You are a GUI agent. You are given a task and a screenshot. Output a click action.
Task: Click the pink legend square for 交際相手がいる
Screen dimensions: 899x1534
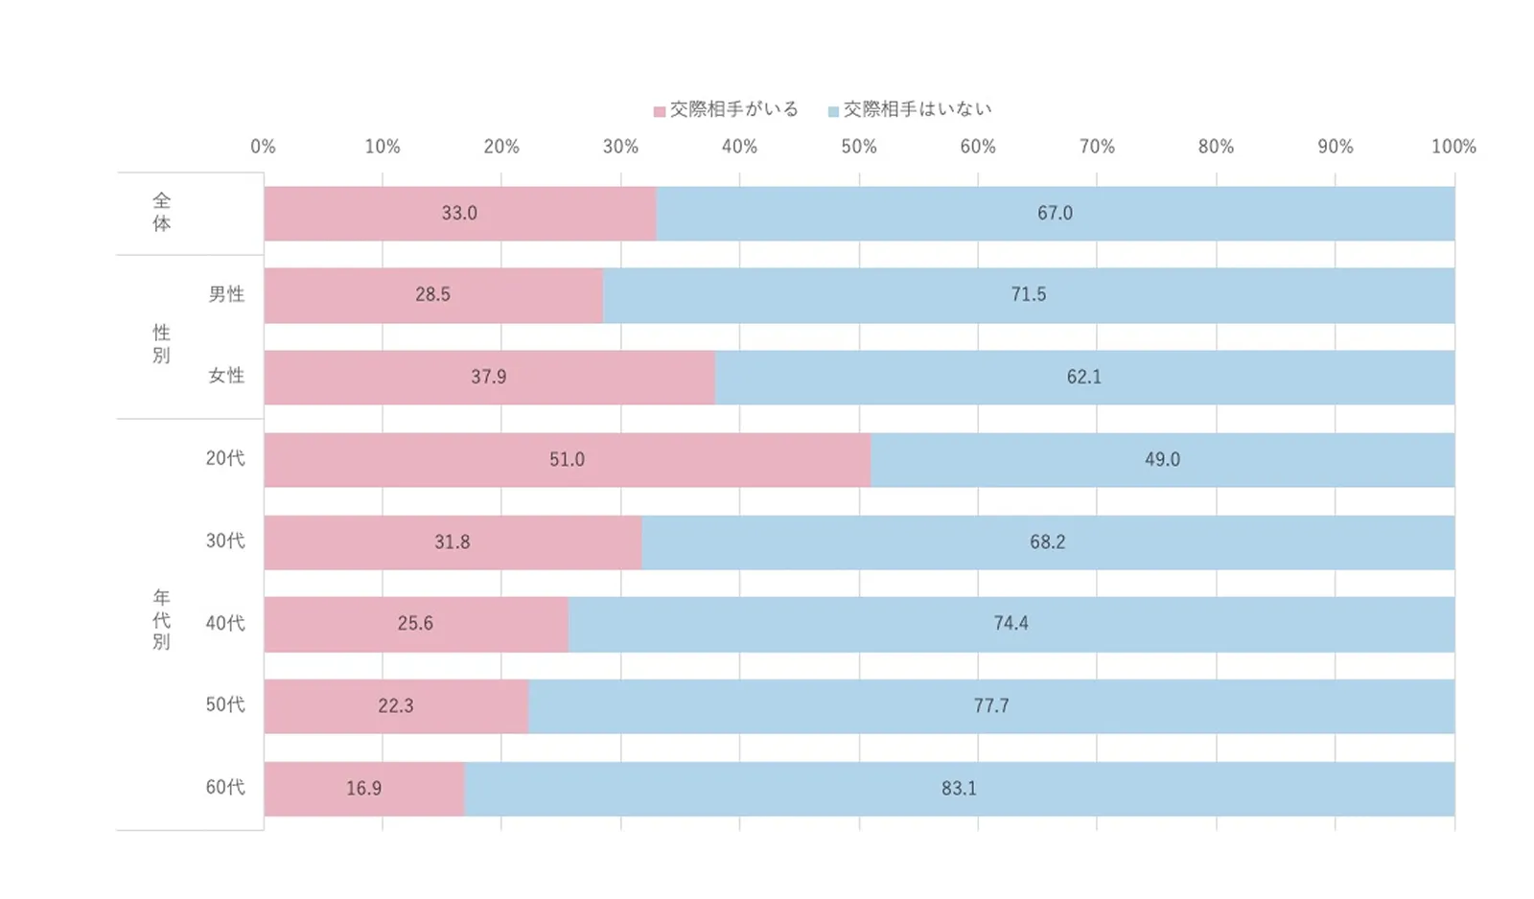click(x=660, y=112)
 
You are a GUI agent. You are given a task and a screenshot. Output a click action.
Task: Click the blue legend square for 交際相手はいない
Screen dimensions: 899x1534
click(x=833, y=112)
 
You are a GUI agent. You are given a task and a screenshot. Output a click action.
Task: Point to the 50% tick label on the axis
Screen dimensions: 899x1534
click(x=859, y=147)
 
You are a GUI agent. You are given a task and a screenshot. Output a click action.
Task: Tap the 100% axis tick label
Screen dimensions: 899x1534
click(x=1453, y=147)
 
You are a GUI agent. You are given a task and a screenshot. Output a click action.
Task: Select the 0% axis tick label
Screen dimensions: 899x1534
click(x=263, y=147)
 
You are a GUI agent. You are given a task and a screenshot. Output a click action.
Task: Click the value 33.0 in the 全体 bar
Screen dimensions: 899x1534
click(x=459, y=214)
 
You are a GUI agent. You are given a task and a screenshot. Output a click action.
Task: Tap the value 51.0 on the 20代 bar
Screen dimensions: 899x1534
click(x=567, y=460)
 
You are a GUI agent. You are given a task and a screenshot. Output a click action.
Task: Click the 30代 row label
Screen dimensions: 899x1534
click(x=225, y=541)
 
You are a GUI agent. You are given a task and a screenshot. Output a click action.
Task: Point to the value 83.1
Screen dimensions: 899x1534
click(x=959, y=789)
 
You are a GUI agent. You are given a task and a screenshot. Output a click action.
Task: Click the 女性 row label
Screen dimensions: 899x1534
click(x=226, y=376)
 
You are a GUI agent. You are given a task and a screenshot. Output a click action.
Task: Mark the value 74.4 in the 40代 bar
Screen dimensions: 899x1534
click(x=1011, y=624)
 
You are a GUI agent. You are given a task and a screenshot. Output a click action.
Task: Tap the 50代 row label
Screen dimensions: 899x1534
click(x=225, y=704)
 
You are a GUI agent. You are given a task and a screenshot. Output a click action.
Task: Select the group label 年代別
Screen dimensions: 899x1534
click(x=161, y=619)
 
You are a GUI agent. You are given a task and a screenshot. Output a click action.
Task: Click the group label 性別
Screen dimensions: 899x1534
click(x=161, y=344)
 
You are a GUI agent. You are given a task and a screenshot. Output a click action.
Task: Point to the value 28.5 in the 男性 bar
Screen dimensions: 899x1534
click(x=432, y=295)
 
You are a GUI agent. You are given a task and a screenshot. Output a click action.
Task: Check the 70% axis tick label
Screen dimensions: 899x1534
click(x=1097, y=147)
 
